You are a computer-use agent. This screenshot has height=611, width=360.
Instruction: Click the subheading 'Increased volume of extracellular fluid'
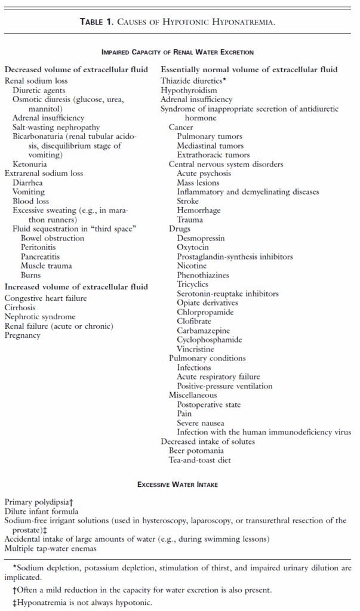pyautogui.click(x=76, y=287)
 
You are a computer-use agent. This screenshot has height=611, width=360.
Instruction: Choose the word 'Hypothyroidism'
pyautogui.click(x=189, y=90)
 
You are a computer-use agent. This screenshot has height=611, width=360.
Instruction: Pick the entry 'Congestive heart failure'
pyautogui.click(x=45, y=298)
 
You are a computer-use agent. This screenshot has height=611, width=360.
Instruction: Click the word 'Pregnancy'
pyautogui.click(x=23, y=335)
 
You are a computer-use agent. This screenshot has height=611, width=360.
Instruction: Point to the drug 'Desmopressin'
pyautogui.click(x=201, y=238)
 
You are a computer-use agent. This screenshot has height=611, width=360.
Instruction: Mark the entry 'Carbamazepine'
pyautogui.click(x=203, y=331)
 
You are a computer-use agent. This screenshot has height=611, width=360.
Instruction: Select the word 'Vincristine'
pyautogui.click(x=196, y=349)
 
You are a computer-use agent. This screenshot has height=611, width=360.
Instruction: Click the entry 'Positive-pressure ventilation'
pyautogui.click(x=224, y=386)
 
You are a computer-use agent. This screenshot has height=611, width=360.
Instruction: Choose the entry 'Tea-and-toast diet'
pyautogui.click(x=199, y=460)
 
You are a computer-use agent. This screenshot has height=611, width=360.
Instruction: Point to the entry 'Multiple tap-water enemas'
pyautogui.click(x=50, y=548)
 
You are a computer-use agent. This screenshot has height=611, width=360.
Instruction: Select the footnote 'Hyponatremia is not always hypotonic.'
pyautogui.click(x=84, y=602)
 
